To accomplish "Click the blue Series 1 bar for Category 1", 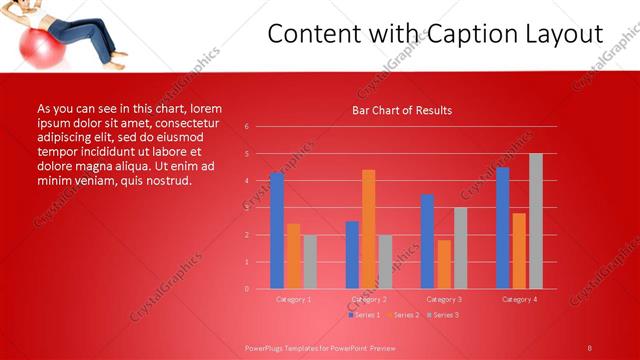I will coord(277,231).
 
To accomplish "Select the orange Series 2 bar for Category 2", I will coord(369,229).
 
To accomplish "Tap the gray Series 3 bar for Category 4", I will coord(535,221).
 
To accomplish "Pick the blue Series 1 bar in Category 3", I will coord(428,241).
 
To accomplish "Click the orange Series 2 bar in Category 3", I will coord(444,264).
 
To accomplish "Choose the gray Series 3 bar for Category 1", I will coord(310,262).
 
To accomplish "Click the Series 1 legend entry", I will coord(365,315).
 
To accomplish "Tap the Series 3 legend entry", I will coord(443,315).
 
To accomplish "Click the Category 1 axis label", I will coord(294,298).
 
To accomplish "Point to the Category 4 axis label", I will coord(519,298).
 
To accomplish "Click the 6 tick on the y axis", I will coord(246,127).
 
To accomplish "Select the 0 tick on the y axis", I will coord(246,289).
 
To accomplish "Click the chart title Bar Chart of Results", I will coord(402,110).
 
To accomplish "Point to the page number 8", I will coord(589,347).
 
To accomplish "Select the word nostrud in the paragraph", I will coord(166,181).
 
